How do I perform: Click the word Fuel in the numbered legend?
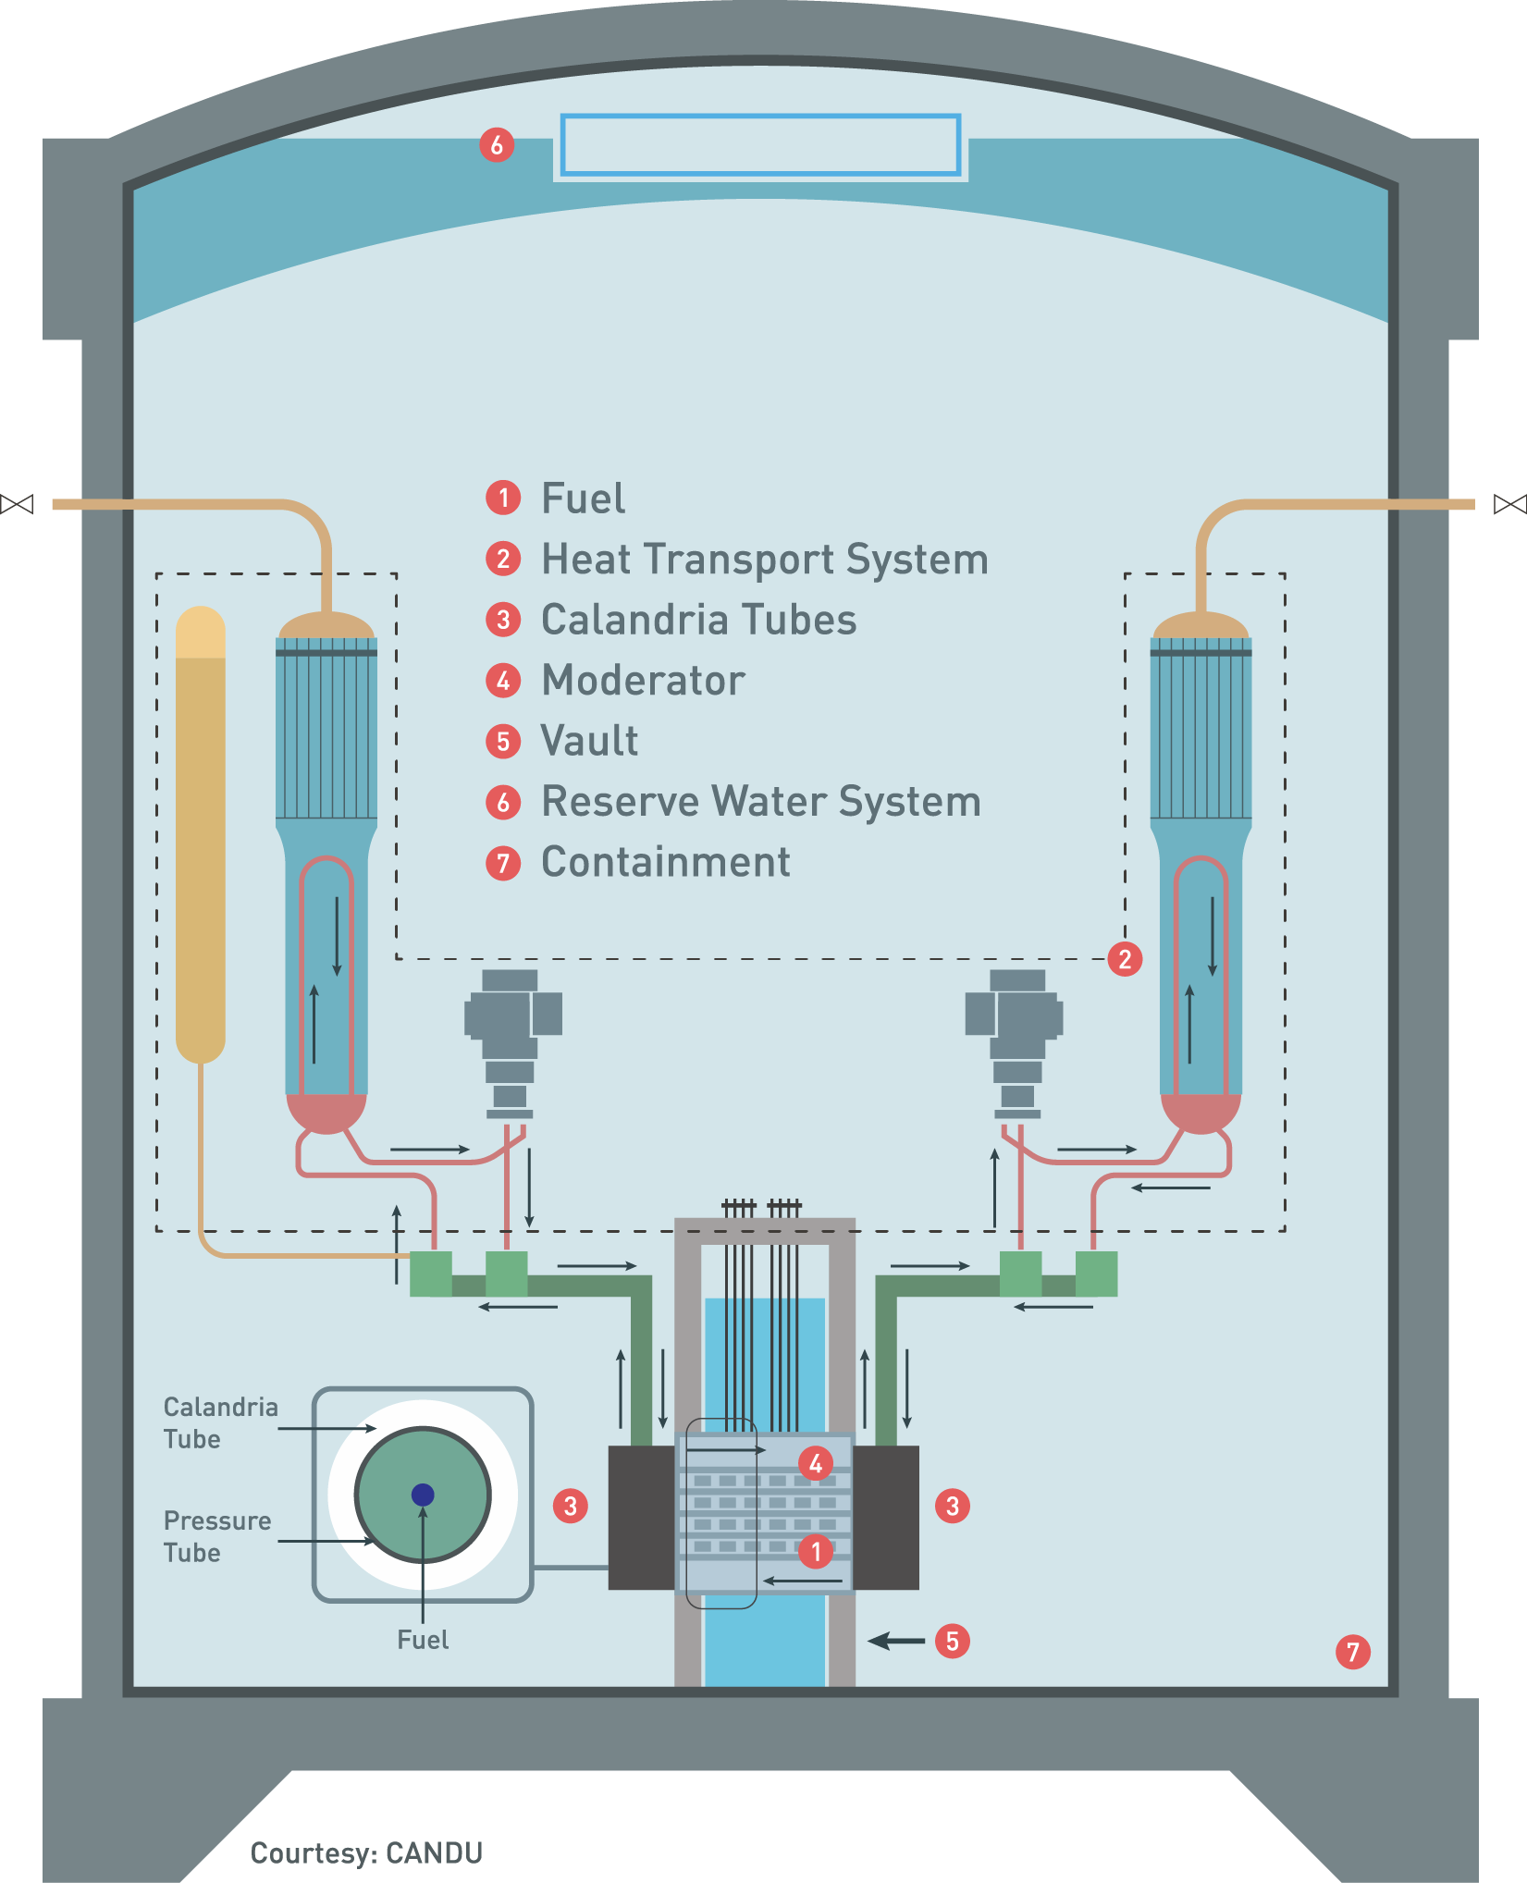coord(583,498)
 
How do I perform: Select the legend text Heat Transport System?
coord(764,560)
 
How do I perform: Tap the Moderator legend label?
coord(643,681)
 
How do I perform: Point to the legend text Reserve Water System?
coord(760,802)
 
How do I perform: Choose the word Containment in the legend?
coord(665,863)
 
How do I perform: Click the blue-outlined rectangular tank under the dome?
coord(760,145)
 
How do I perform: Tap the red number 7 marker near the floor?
coord(1352,1652)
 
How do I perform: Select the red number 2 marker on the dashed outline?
coord(1125,959)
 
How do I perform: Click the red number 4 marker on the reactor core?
coord(815,1463)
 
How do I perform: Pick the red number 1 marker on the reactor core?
coord(815,1551)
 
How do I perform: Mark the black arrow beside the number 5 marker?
coord(895,1642)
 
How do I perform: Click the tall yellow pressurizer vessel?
coord(201,832)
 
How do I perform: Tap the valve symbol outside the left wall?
coord(17,504)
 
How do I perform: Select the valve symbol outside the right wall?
coord(1509,504)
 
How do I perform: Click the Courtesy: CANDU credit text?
coord(366,1853)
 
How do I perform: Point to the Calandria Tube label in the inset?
coord(220,1423)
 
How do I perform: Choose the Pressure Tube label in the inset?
coord(216,1537)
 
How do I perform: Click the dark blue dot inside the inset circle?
coord(423,1495)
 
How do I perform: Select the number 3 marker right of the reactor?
coord(952,1506)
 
